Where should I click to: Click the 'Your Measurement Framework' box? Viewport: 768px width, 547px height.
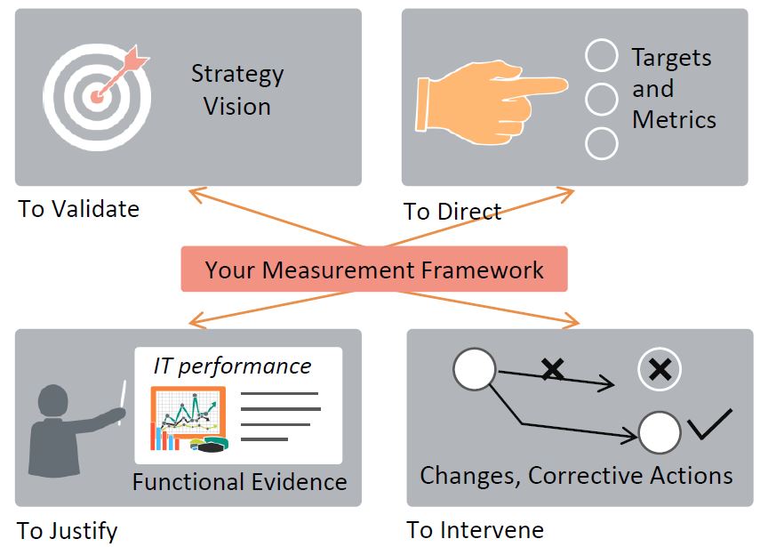tap(374, 269)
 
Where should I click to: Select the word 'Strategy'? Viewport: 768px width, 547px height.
tap(237, 74)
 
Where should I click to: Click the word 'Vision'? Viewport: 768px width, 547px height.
tap(237, 107)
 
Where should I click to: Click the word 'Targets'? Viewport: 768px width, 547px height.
tap(671, 59)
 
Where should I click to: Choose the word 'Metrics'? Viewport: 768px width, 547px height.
tap(674, 120)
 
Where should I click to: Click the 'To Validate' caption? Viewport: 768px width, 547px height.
tap(79, 210)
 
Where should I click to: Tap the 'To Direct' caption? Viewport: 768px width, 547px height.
tap(452, 212)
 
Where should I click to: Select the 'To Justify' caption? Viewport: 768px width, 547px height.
tap(68, 532)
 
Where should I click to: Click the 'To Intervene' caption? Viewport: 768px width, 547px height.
tap(476, 531)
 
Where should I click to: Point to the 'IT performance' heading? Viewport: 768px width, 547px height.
tap(232, 366)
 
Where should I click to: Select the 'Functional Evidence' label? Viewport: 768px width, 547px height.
tap(239, 482)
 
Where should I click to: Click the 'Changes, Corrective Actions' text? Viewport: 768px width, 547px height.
tap(576, 476)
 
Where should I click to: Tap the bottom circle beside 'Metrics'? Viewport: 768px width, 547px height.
tap(602, 143)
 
